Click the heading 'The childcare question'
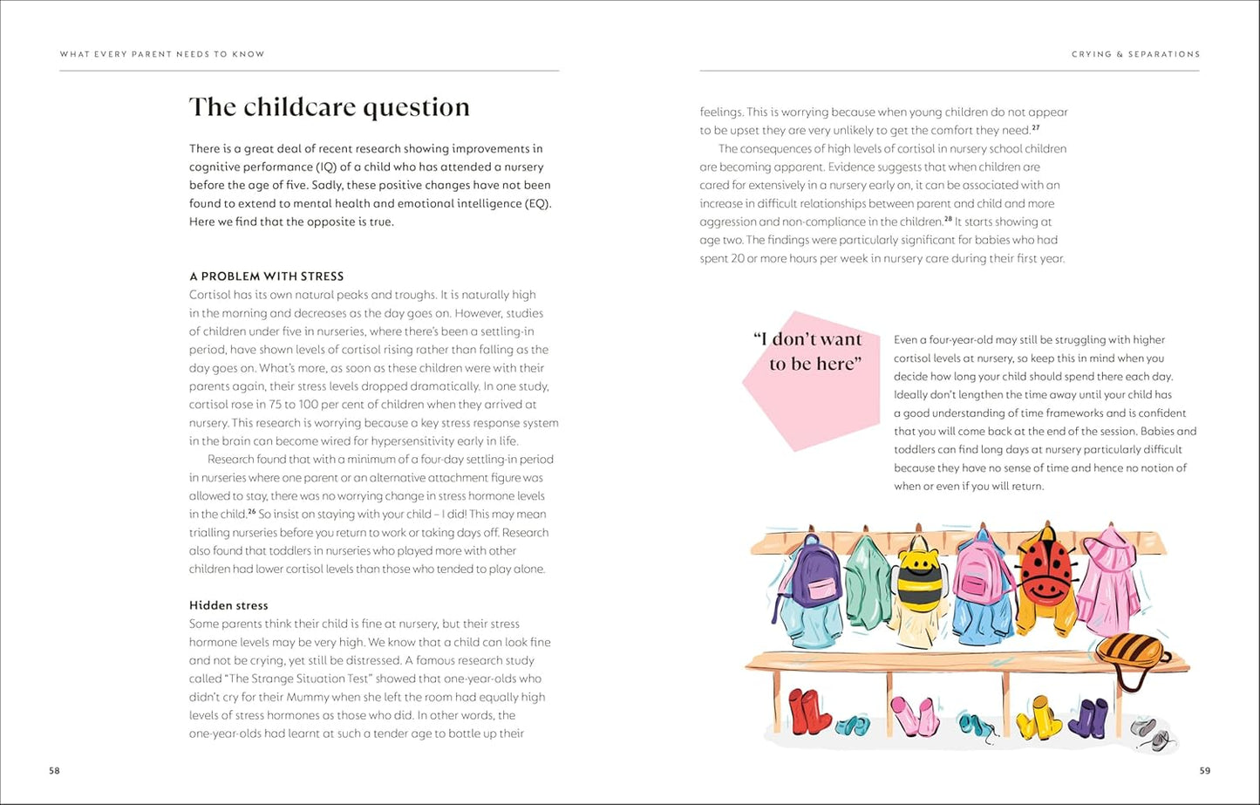click(330, 107)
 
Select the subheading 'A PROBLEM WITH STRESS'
click(266, 276)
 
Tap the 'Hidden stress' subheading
click(228, 605)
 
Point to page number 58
click(54, 771)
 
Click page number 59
click(1204, 771)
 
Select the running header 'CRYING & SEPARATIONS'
click(1135, 54)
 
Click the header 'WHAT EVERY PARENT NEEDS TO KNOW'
click(162, 54)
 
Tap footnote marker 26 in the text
click(251, 512)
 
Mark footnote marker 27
click(1035, 128)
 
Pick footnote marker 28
click(948, 220)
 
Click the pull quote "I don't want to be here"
click(807, 352)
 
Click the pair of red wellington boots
click(809, 711)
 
